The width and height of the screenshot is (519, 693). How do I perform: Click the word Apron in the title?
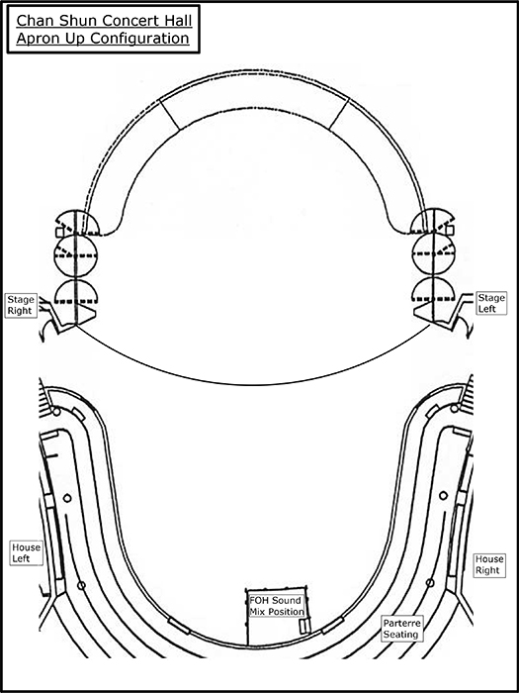coord(38,39)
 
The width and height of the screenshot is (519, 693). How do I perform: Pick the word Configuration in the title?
coord(140,39)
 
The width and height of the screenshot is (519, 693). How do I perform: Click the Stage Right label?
coord(20,305)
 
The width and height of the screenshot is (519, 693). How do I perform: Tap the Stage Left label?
coord(491,303)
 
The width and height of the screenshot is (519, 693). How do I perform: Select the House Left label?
coord(27,552)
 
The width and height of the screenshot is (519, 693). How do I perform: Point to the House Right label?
coord(487,565)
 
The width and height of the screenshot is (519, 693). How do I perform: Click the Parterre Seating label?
coord(400,629)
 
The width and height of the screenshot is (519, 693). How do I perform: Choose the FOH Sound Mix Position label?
coord(276,606)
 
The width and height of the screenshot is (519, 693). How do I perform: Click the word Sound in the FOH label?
coord(287,601)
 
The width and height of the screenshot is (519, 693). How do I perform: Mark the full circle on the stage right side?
coord(75,255)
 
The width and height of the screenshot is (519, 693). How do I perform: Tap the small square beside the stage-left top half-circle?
coord(450,230)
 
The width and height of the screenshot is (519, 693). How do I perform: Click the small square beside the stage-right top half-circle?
coord(59,233)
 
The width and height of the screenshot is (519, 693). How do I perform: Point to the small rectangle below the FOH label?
coord(304,626)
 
